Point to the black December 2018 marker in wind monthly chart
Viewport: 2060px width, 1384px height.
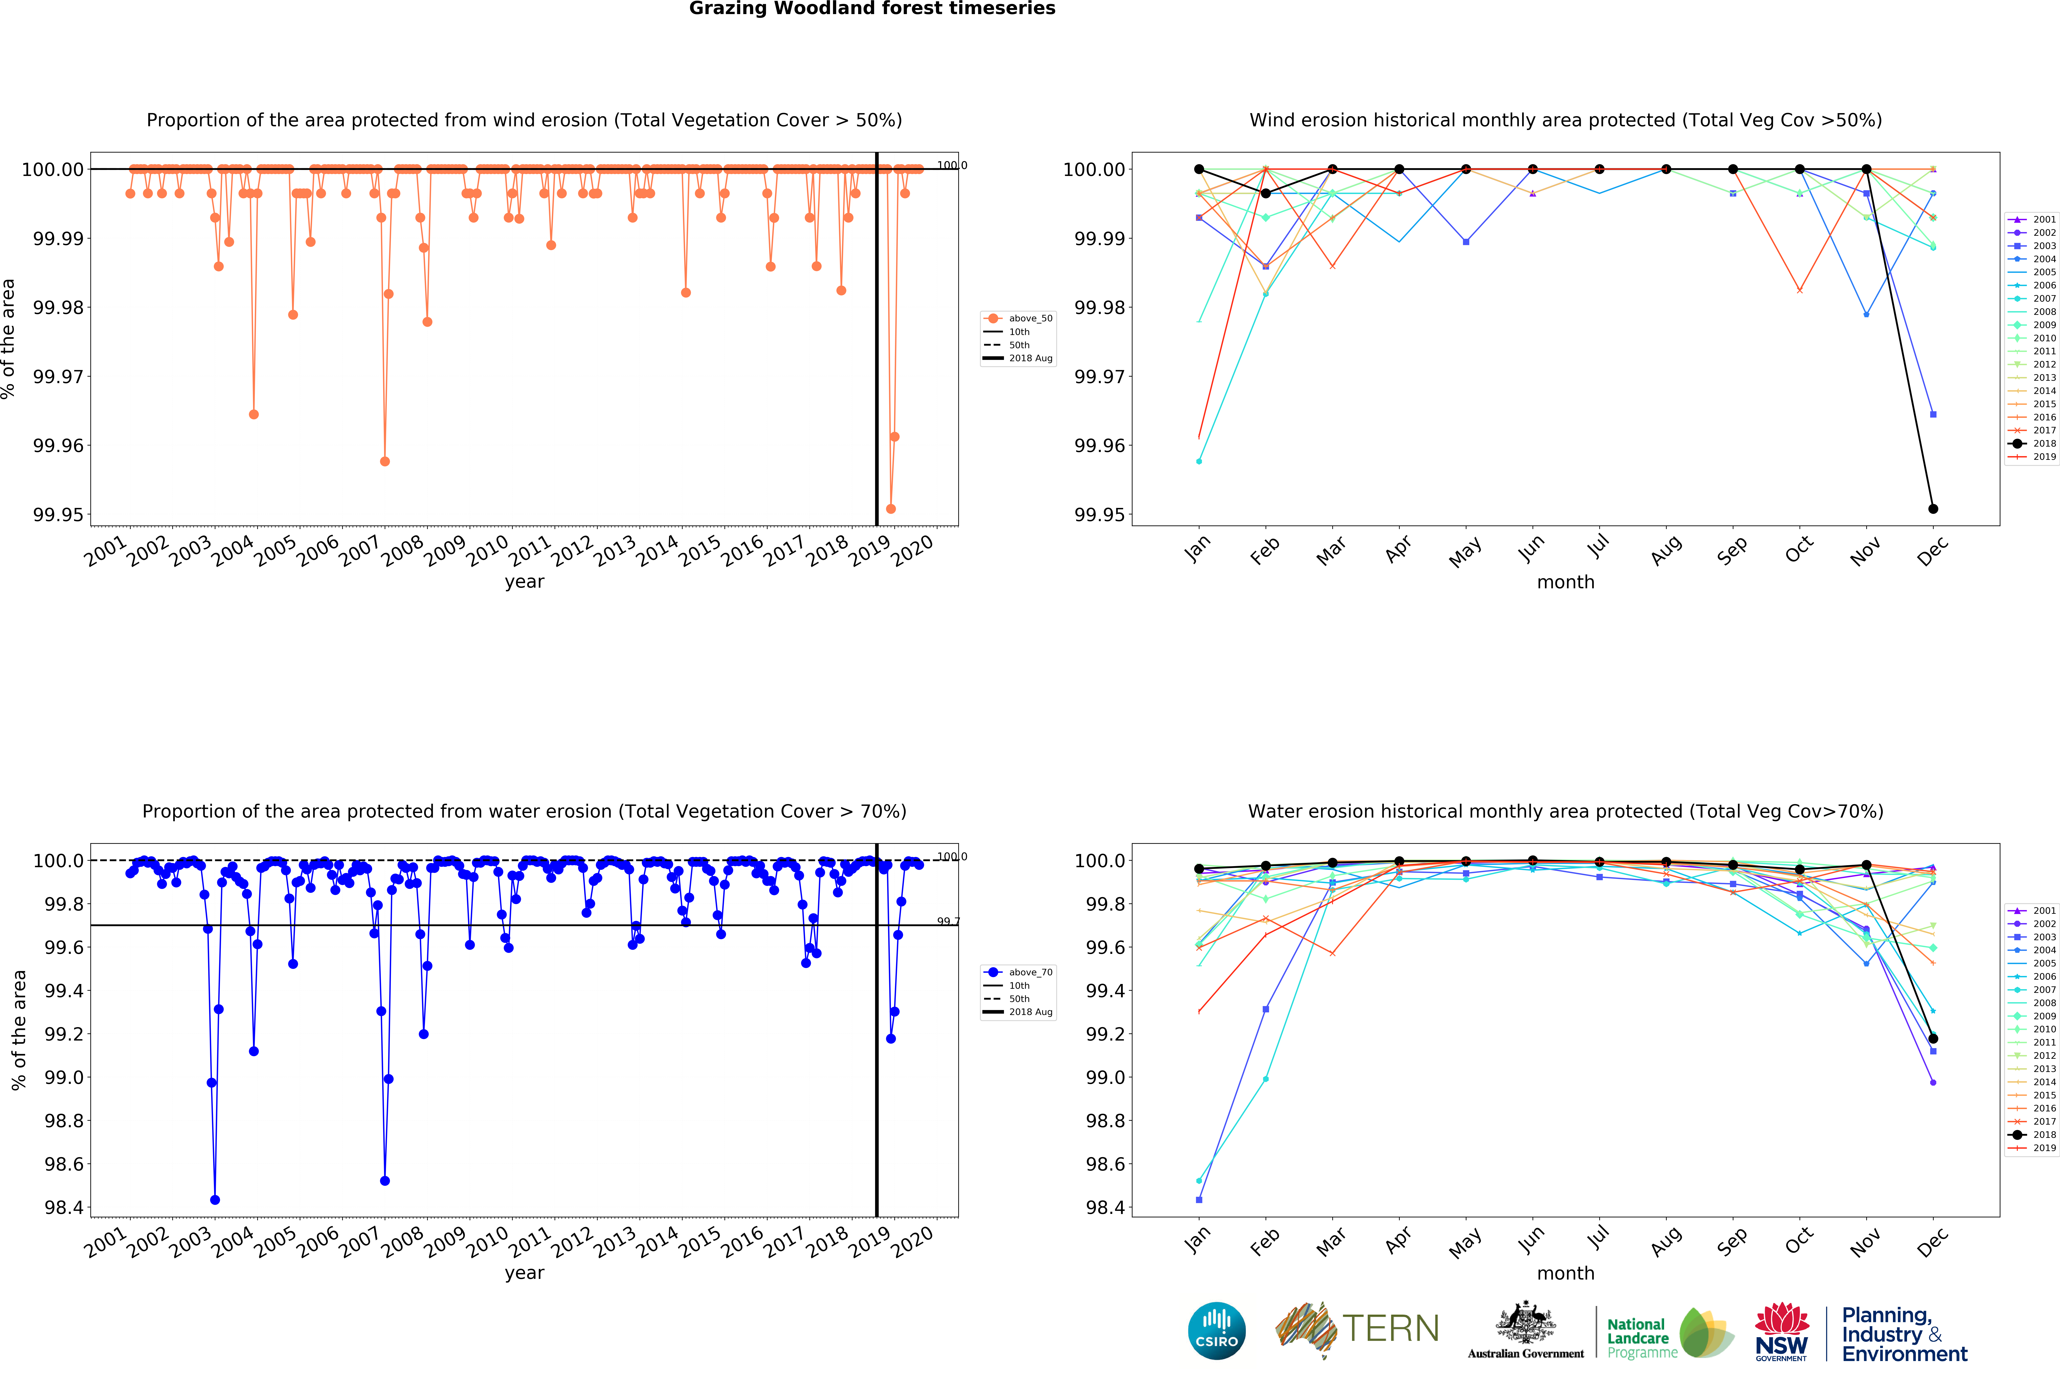(x=1933, y=508)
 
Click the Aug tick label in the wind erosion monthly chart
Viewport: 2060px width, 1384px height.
(x=1665, y=551)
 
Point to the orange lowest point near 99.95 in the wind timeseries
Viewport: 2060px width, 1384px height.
(x=890, y=508)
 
